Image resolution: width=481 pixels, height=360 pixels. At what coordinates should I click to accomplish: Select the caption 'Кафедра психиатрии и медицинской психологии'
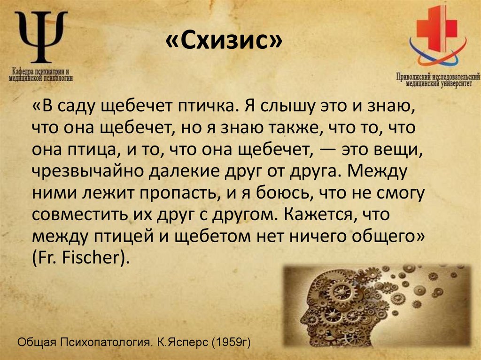tap(41, 76)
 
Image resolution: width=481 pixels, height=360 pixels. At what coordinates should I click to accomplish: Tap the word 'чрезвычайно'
tap(87, 171)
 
